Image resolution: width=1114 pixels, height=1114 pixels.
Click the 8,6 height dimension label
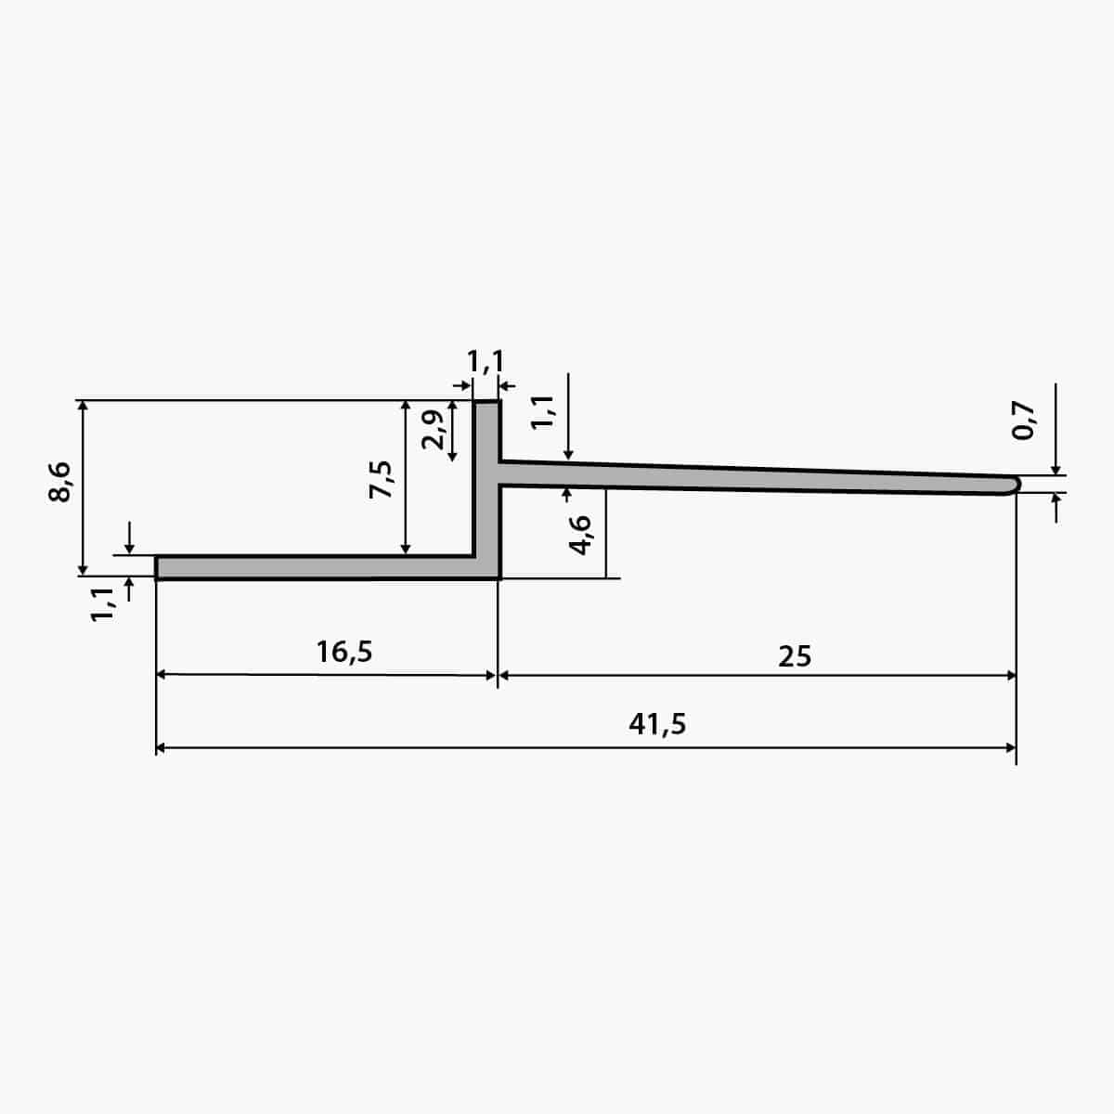click(59, 482)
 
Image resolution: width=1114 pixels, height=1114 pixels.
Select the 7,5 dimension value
click(381, 479)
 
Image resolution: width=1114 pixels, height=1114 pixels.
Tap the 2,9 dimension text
click(433, 430)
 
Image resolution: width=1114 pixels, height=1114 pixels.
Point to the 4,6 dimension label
click(580, 535)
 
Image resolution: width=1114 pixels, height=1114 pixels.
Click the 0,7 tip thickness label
click(1023, 421)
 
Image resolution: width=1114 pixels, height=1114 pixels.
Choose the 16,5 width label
click(344, 652)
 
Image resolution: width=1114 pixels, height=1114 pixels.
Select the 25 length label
click(795, 656)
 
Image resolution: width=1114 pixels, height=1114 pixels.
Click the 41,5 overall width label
click(657, 724)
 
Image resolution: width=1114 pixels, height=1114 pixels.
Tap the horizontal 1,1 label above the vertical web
click(485, 362)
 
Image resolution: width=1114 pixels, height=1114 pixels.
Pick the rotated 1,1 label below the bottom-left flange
click(103, 604)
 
